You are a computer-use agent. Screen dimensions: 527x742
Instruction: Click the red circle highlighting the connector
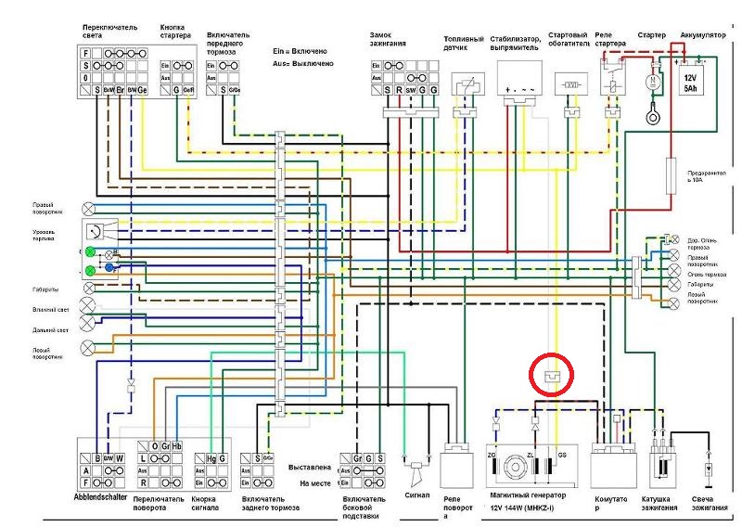coord(554,375)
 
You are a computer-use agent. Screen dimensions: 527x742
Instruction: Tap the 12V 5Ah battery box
coord(689,83)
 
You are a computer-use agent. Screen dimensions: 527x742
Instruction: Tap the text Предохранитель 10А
coord(705,176)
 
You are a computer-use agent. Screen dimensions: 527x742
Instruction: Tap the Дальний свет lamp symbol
coord(89,323)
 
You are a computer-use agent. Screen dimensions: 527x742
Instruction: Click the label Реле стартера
coord(609,40)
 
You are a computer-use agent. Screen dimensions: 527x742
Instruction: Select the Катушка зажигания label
coord(661,507)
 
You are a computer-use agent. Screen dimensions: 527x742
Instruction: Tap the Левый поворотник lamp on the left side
coord(89,347)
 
